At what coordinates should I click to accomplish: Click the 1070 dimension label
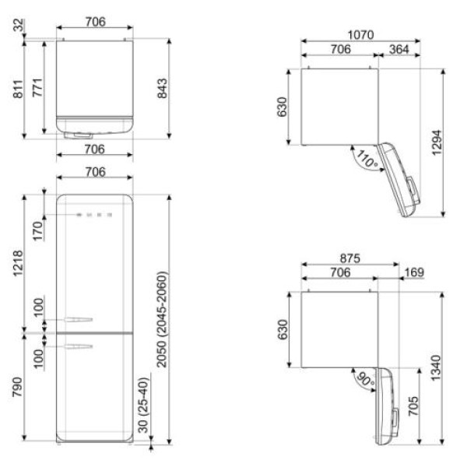pyautogui.click(x=360, y=35)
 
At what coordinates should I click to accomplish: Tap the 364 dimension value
pyautogui.click(x=399, y=50)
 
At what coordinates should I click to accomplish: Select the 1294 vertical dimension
pyautogui.click(x=437, y=142)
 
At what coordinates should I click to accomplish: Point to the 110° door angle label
pyautogui.click(x=367, y=159)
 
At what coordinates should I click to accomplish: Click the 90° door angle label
pyautogui.click(x=365, y=380)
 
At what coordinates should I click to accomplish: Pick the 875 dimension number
pyautogui.click(x=350, y=258)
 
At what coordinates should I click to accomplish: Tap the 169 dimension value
pyautogui.click(x=414, y=272)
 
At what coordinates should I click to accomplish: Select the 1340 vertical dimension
pyautogui.click(x=436, y=368)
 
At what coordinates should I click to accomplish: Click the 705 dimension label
pyautogui.click(x=413, y=406)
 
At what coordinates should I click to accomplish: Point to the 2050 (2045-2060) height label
pyautogui.click(x=162, y=319)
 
